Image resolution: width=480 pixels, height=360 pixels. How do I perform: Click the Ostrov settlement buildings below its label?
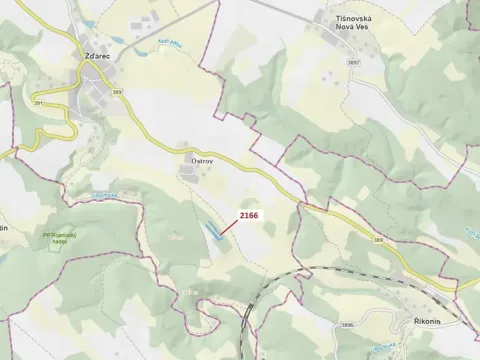188,175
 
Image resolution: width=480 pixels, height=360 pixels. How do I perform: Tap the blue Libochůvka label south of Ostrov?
105,194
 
